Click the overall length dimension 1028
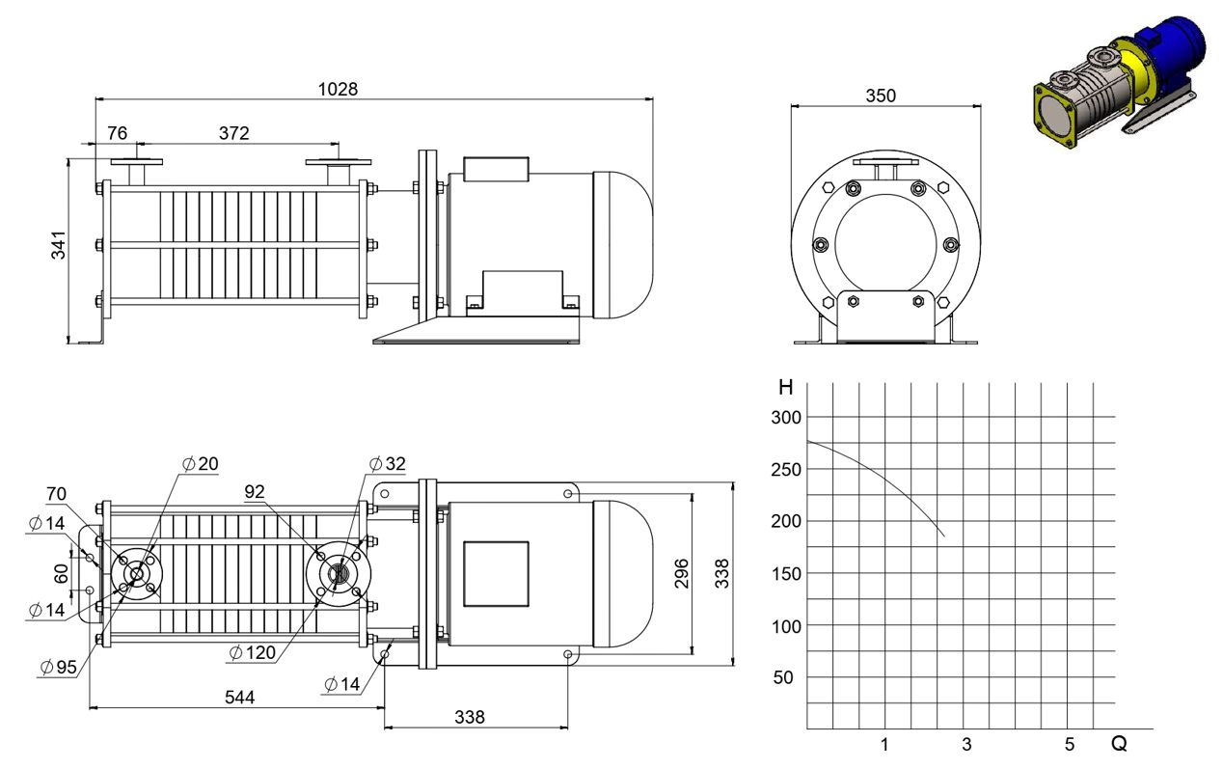point(338,89)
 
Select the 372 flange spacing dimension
point(233,133)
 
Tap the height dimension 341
point(59,245)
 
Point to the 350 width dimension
point(881,96)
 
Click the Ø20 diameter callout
point(201,464)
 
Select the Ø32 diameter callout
point(388,464)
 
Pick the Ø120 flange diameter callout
point(253,652)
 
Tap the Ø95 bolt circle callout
point(59,667)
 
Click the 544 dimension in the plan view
point(240,698)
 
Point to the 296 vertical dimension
point(681,573)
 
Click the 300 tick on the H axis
point(786,418)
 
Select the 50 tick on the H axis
point(783,677)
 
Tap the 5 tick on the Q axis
point(1069,745)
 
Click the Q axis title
point(1119,744)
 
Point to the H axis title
point(785,387)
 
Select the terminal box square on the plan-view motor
point(496,574)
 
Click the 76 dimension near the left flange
point(117,133)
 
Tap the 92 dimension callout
point(255,492)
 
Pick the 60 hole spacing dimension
point(61,573)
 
